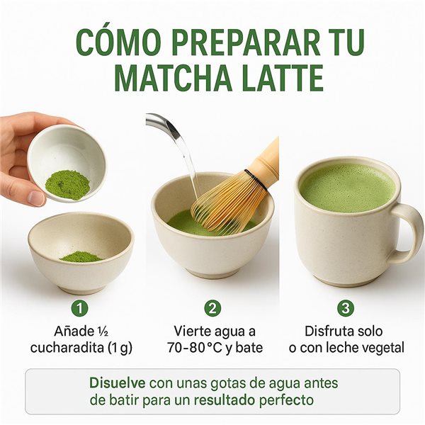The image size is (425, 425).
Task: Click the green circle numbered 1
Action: point(81,308)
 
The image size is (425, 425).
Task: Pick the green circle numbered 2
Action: point(212,308)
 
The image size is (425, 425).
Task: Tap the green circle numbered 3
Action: point(344,308)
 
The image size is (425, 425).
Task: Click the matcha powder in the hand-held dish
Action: point(67,183)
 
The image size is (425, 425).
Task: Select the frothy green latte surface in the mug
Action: point(347,188)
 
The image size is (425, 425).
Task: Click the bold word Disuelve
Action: point(117,382)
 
